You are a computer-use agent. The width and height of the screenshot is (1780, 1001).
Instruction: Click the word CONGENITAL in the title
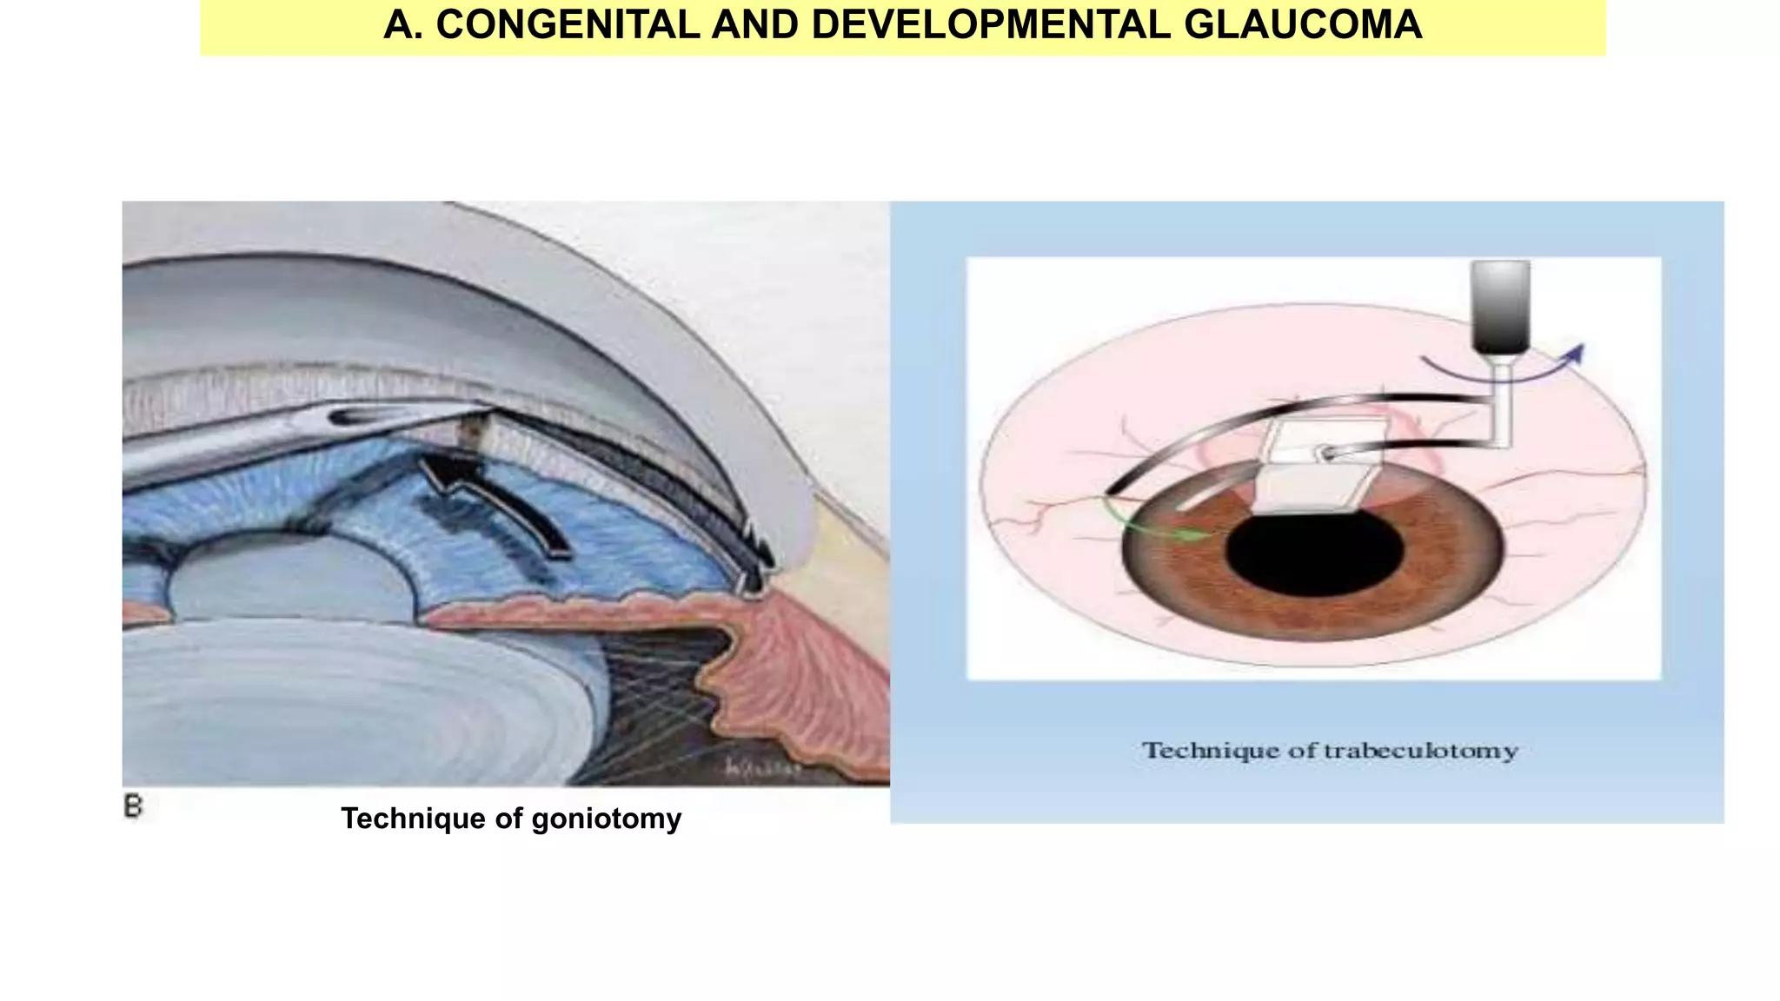click(568, 24)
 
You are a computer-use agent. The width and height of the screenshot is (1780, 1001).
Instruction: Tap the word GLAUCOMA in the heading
click(1303, 24)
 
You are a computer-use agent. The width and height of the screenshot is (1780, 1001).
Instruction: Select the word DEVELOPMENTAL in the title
click(991, 24)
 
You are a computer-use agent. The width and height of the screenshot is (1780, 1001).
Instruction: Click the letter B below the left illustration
click(133, 806)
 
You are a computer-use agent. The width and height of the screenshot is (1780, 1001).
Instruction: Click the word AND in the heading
click(755, 24)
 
